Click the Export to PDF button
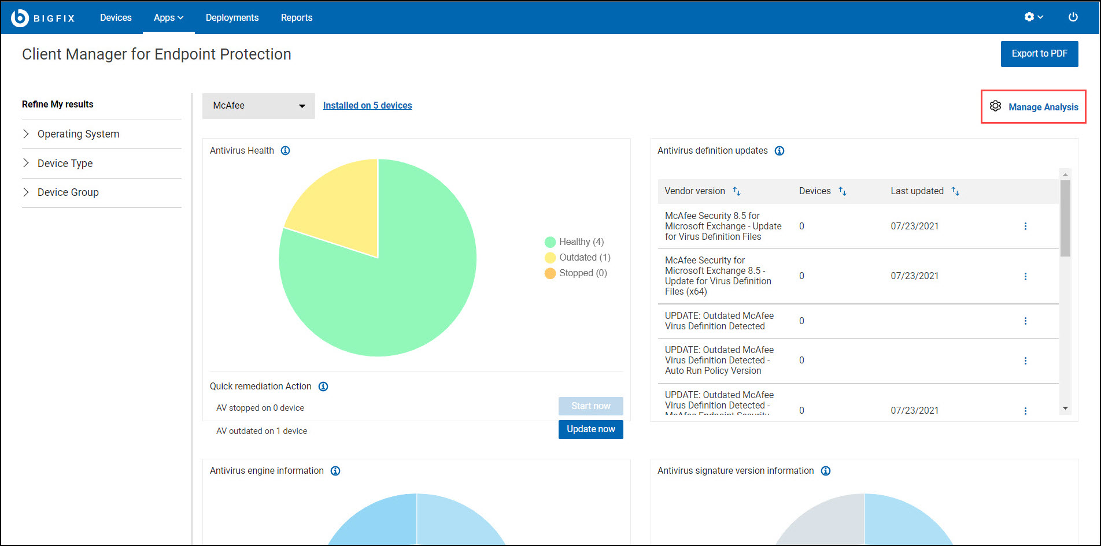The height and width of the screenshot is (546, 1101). pyautogui.click(x=1039, y=54)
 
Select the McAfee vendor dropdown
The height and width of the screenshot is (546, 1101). pyautogui.click(x=258, y=106)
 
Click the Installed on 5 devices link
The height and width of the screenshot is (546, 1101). pyautogui.click(x=367, y=106)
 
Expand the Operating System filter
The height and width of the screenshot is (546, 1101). pyautogui.click(x=78, y=134)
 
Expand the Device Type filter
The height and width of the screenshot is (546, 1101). pyautogui.click(x=65, y=164)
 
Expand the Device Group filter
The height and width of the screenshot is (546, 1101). pyautogui.click(x=68, y=192)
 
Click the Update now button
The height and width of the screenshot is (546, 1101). pyautogui.click(x=590, y=429)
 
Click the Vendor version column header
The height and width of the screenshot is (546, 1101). pyautogui.click(x=694, y=191)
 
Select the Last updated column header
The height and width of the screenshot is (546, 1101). pyautogui.click(x=917, y=191)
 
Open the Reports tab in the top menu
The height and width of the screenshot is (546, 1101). pyautogui.click(x=297, y=18)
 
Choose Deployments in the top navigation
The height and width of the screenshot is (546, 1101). pyautogui.click(x=232, y=18)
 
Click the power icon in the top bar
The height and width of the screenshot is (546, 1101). pyautogui.click(x=1073, y=17)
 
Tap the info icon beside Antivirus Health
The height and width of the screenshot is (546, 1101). pyautogui.click(x=285, y=151)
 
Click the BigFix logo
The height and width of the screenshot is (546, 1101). pyautogui.click(x=43, y=18)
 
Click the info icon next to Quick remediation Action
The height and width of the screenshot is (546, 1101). pyautogui.click(x=323, y=387)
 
